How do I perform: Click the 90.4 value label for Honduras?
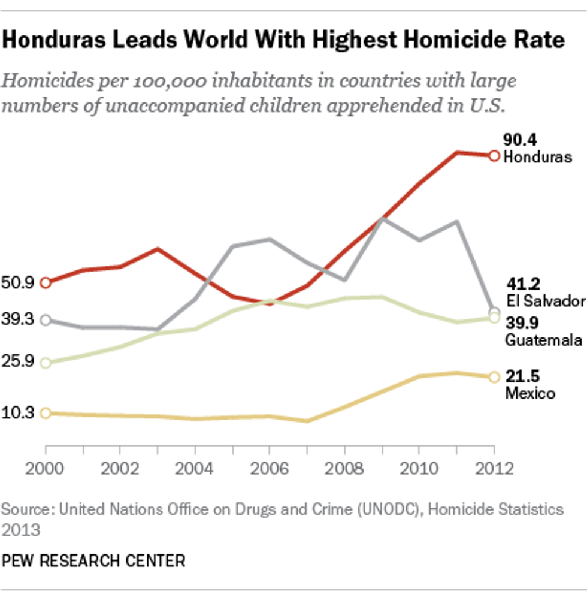point(520,141)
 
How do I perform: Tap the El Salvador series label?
point(544,300)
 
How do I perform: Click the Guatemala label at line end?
point(543,340)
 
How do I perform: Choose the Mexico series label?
point(530,393)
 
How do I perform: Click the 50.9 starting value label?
point(19,282)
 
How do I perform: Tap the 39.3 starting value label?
point(19,320)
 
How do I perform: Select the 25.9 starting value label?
point(19,363)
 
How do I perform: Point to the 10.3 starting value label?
point(19,412)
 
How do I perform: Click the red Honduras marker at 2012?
point(494,156)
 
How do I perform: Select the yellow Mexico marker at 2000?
point(46,413)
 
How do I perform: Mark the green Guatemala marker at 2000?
point(46,363)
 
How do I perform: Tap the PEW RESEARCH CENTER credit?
point(94,561)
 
